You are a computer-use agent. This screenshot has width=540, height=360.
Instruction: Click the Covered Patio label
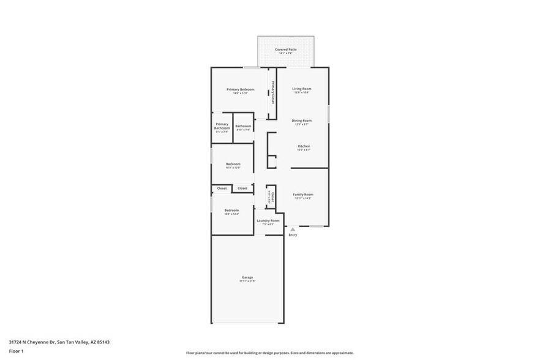[x=285, y=49]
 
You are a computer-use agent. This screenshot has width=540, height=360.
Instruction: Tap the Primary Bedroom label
[x=240, y=89]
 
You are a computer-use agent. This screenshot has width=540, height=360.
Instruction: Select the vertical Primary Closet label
[x=273, y=92]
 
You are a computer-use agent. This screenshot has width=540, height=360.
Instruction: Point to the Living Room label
[x=301, y=89]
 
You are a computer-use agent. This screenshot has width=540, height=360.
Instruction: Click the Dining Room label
[x=301, y=121]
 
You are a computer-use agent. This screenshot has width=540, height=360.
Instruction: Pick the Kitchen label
[x=304, y=146]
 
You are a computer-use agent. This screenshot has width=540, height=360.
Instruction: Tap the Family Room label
[x=303, y=194]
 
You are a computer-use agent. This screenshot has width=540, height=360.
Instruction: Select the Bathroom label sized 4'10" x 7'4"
[x=243, y=126]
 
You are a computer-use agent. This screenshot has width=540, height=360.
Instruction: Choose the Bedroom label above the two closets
[x=233, y=163]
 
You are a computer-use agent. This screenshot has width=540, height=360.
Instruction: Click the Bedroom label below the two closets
[x=231, y=210]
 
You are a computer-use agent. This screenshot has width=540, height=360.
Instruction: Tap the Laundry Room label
[x=268, y=220]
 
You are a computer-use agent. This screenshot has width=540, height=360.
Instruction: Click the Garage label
[x=247, y=277]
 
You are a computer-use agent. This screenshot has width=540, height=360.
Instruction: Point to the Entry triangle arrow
[x=293, y=230]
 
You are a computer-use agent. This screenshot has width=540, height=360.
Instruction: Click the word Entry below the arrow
[x=293, y=235]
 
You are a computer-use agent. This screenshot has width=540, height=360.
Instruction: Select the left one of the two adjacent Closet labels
[x=222, y=189]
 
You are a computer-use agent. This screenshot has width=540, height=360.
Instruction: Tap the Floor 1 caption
[x=16, y=351]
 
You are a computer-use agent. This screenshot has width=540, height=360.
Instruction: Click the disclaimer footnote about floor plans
[x=269, y=353]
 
